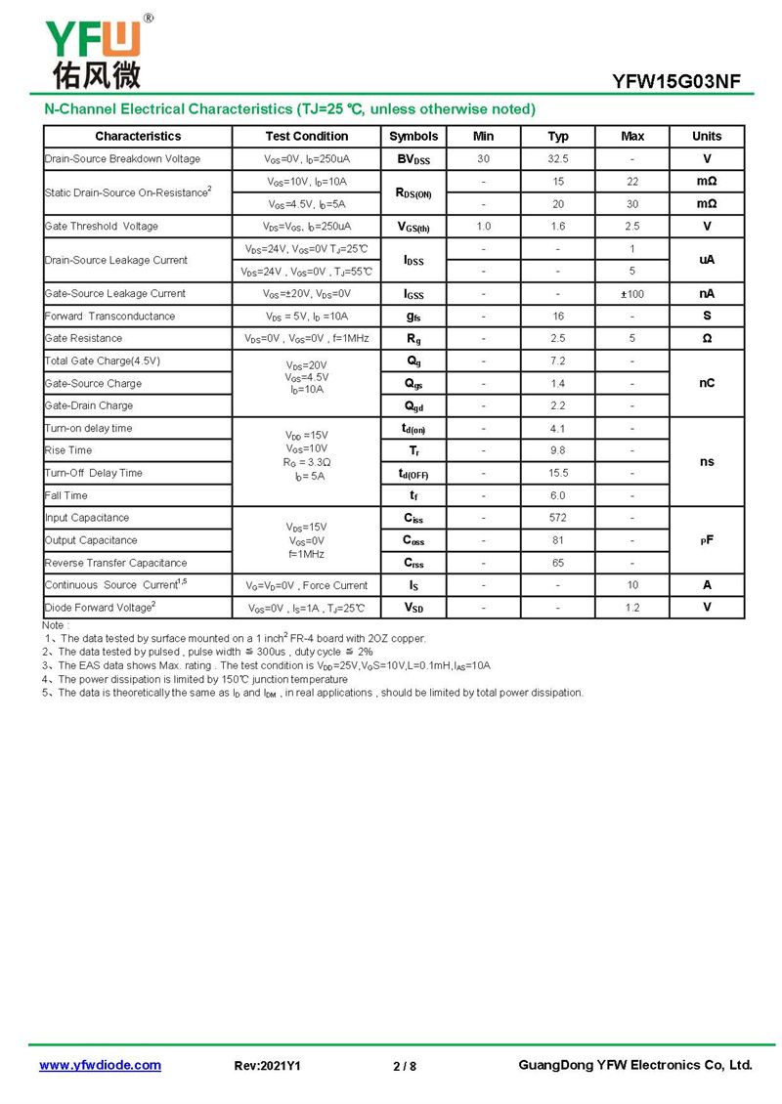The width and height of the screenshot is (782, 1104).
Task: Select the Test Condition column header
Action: (306, 137)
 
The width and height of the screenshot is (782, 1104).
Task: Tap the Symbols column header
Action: (413, 137)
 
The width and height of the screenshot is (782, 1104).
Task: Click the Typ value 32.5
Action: (558, 159)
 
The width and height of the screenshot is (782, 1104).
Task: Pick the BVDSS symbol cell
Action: (413, 159)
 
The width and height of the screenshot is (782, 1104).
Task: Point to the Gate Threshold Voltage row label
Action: (102, 227)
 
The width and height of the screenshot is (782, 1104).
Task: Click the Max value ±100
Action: (632, 294)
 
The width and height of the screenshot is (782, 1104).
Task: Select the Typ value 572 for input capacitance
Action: (558, 518)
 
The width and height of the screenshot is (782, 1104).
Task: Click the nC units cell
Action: (707, 384)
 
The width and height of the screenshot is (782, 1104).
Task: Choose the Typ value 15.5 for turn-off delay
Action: (558, 473)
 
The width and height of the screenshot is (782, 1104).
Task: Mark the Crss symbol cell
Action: (413, 563)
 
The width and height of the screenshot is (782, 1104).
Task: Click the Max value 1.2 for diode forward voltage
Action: (632, 608)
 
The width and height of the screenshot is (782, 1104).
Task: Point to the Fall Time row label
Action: (66, 495)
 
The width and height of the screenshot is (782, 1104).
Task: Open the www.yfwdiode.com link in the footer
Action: (100, 1065)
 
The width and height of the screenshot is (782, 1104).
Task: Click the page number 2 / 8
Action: (405, 1066)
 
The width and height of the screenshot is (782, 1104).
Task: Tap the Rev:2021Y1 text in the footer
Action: (268, 1066)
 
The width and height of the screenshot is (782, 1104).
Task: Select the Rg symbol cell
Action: (413, 339)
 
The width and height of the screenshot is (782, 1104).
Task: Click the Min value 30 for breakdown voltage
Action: (483, 159)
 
